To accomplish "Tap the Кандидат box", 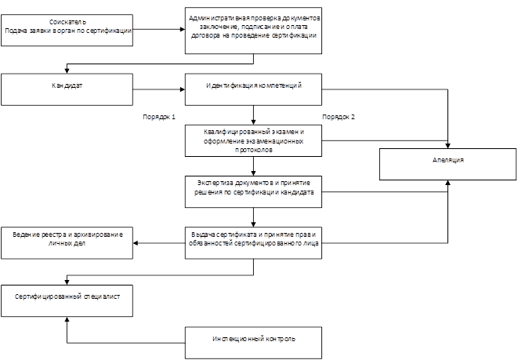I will (67, 89).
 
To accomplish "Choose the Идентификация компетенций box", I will (254, 89).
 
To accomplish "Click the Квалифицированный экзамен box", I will (254, 140).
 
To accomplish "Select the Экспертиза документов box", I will (254, 191).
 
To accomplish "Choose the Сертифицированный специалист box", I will (67, 299).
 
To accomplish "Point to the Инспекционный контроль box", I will (254, 343).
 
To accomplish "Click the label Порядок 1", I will (158, 117).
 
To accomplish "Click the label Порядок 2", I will (339, 117).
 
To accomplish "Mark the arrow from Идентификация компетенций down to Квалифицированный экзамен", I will (253, 115).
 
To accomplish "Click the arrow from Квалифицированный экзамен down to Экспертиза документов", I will (253, 166).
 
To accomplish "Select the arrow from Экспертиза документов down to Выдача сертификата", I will (253, 217).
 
